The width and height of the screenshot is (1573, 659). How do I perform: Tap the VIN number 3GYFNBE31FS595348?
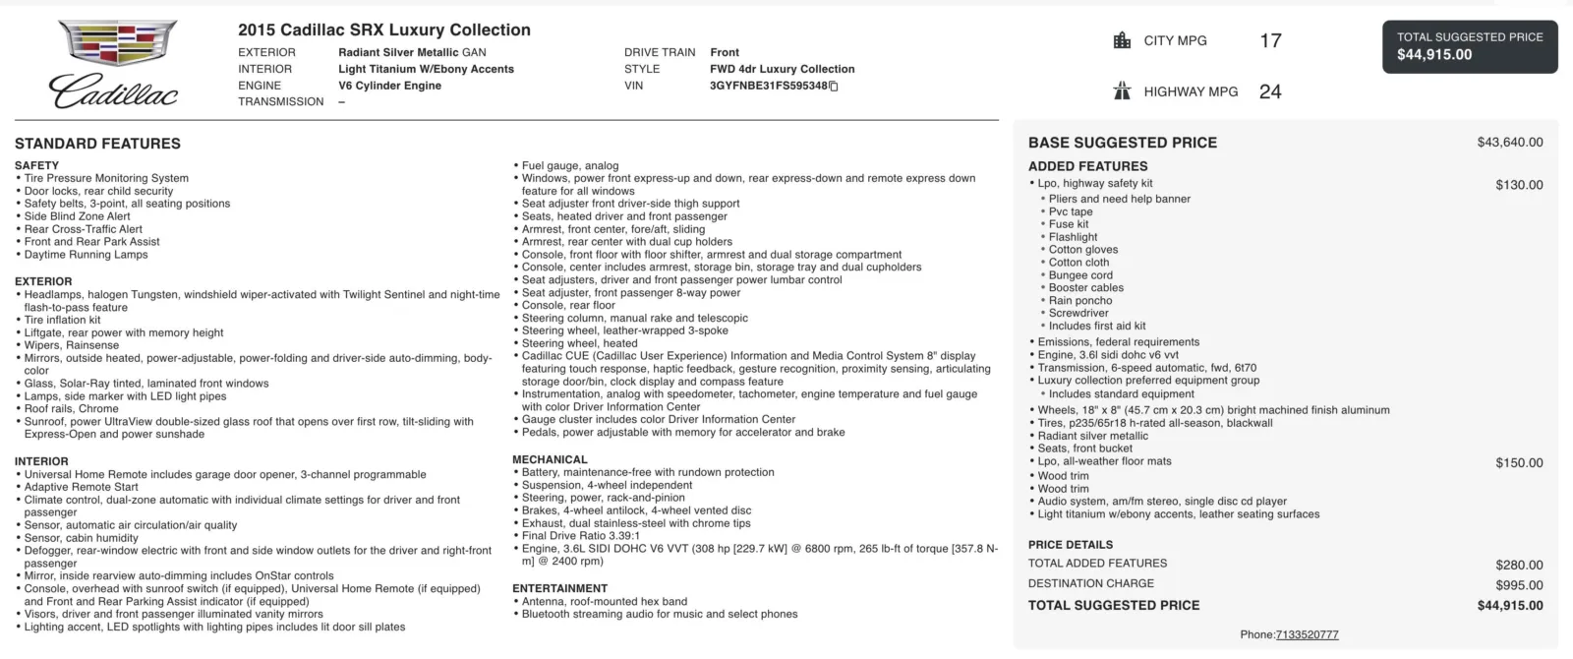(768, 86)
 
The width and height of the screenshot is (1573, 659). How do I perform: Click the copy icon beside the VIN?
(834, 87)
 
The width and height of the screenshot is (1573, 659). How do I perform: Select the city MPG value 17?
(1270, 40)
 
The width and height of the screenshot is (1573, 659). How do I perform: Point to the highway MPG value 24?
(1270, 91)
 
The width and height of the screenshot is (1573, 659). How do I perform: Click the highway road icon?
(1122, 91)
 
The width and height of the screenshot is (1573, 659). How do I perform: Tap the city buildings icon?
(1122, 40)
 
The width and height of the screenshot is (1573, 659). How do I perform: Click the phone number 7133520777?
(1307, 635)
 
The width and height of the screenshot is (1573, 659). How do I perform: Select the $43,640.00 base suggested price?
(1509, 143)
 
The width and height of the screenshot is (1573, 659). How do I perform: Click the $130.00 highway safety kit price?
(1519, 185)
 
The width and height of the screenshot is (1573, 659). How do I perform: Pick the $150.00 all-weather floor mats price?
(1519, 463)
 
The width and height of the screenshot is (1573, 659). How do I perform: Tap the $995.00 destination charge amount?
(1519, 585)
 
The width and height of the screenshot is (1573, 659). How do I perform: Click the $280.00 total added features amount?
(1519, 566)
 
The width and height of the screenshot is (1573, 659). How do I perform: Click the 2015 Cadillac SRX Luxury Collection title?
(383, 30)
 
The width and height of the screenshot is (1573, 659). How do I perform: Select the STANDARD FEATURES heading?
(97, 144)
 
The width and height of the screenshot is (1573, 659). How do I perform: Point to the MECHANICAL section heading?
(550, 459)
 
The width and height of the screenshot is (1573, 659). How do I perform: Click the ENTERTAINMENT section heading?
(559, 588)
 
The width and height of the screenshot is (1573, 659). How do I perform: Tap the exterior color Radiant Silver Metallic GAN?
(412, 52)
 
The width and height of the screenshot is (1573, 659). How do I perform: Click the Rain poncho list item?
(1080, 301)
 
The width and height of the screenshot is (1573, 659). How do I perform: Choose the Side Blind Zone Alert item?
(77, 216)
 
